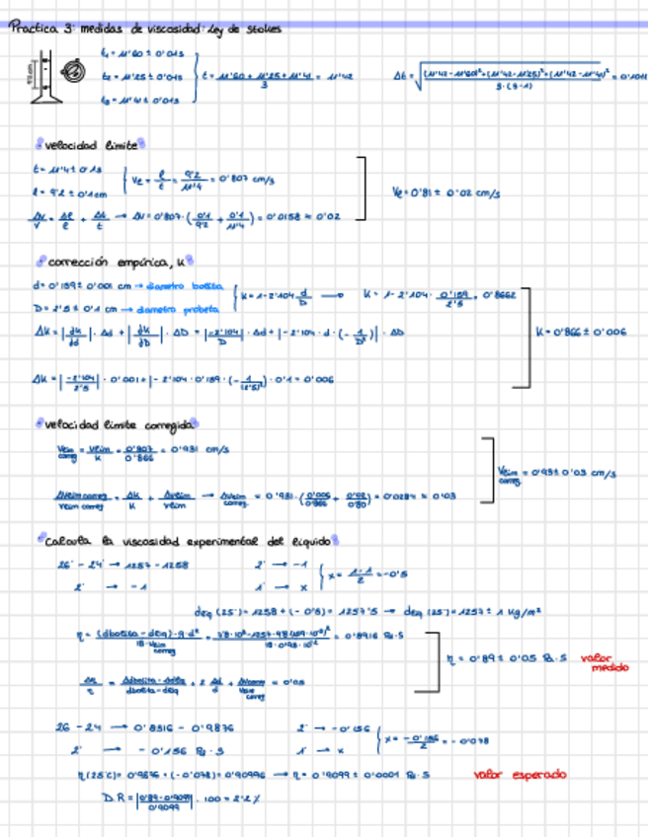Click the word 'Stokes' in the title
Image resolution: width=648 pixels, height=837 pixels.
point(265,29)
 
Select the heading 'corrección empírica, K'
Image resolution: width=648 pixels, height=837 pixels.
point(109,263)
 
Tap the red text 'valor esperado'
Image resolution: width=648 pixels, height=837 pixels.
point(520,775)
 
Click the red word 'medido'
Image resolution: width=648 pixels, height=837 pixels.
point(609,668)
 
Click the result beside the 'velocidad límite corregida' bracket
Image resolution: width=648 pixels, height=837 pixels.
point(556,476)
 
